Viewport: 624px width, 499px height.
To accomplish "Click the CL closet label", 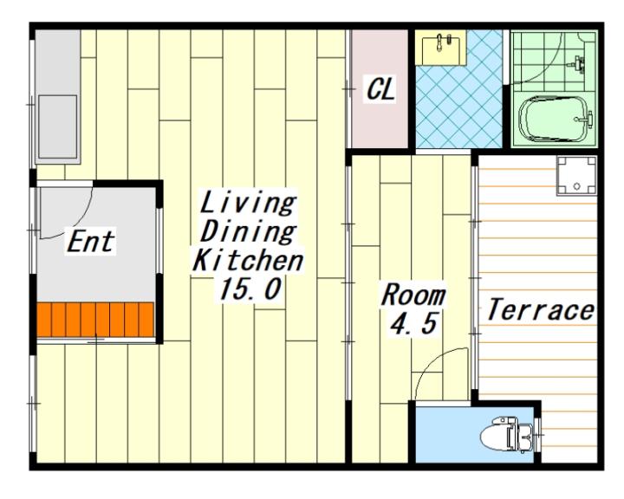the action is point(380,89).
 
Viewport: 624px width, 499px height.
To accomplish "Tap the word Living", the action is point(248,203).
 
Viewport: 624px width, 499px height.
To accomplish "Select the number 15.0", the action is point(250,288).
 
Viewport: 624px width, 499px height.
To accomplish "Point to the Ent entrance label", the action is point(91,241).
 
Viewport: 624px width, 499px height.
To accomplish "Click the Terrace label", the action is point(541,309).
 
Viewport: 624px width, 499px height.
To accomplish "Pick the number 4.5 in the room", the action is point(414,323).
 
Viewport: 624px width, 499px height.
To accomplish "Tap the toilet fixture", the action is point(506,435).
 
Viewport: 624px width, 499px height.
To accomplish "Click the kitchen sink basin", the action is point(58,126).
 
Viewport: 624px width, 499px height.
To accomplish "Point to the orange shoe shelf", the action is point(95,320).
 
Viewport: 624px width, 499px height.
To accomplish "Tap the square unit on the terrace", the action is point(576,176).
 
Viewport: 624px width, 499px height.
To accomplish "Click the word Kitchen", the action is point(248,260).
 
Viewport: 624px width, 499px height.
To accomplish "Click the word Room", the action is point(413,295).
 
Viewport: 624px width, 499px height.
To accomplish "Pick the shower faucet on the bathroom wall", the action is point(578,63).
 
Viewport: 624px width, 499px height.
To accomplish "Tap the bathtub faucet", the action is point(585,119).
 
